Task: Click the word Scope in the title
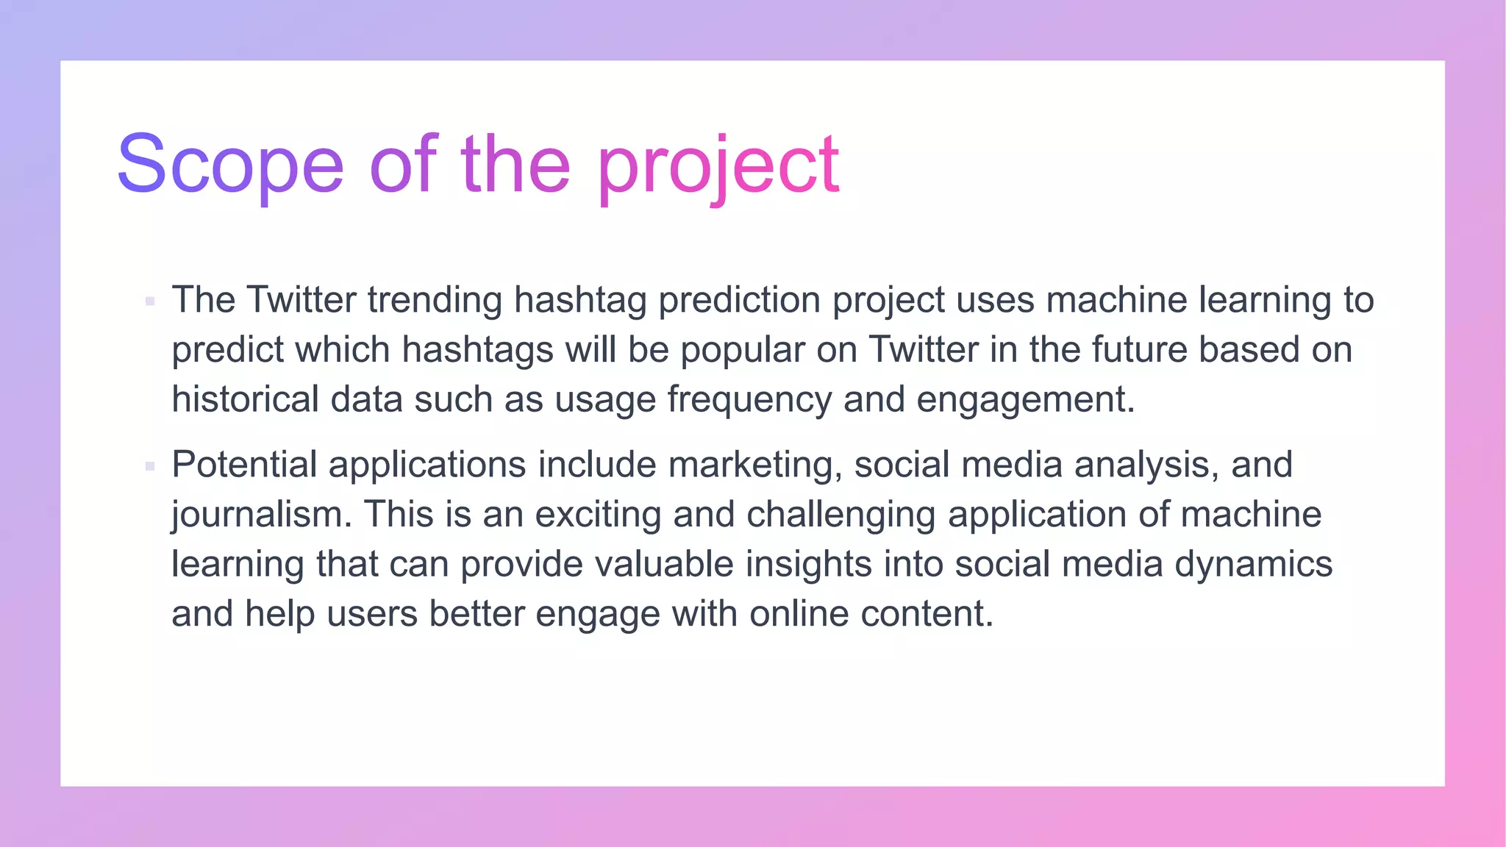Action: click(230, 164)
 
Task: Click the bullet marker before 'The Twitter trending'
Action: click(150, 301)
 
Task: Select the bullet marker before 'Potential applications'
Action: click(150, 466)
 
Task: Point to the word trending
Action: click(434, 301)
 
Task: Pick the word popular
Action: click(742, 351)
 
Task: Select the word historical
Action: click(245, 399)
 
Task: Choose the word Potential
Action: click(243, 465)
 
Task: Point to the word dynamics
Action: click(1253, 565)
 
